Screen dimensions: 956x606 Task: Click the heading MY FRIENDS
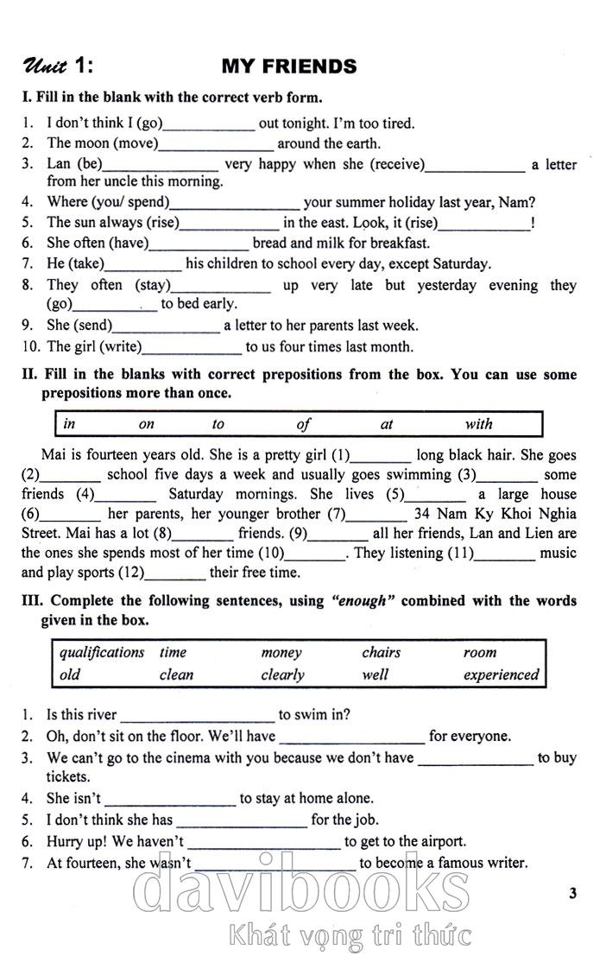point(288,66)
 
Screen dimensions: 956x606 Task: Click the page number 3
point(572,893)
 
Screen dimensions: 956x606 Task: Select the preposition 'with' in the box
point(478,424)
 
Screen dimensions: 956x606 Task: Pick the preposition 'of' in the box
point(303,424)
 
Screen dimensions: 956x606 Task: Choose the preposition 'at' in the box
point(387,424)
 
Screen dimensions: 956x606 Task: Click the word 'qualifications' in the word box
point(102,653)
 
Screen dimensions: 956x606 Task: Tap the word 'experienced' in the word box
point(501,674)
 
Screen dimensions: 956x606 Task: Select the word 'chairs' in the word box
point(381,653)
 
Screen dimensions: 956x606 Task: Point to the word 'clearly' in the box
point(282,674)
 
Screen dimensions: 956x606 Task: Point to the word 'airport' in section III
point(444,841)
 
